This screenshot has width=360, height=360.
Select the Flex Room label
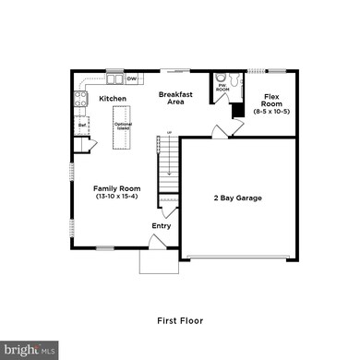(271, 100)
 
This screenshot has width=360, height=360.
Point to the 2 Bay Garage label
(238, 198)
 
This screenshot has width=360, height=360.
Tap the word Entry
(161, 225)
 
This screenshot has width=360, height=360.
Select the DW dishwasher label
(131, 78)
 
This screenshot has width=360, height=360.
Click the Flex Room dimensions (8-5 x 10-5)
(271, 112)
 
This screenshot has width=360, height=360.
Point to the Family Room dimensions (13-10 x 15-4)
(116, 197)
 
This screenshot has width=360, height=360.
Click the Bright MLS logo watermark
(31, 350)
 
